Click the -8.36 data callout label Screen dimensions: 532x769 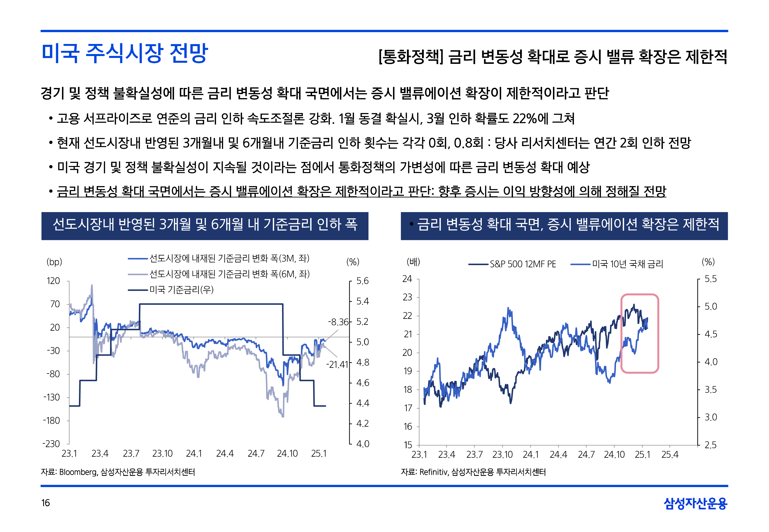338,322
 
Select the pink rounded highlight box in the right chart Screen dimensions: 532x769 639,333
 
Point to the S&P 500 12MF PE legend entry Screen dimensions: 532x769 522,264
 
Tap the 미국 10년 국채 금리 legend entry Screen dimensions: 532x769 627,264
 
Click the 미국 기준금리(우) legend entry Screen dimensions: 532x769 181,290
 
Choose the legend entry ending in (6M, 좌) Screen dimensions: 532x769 230,274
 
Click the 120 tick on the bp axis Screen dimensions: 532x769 53,281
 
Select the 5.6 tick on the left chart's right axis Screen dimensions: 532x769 362,281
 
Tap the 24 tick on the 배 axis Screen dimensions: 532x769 407,279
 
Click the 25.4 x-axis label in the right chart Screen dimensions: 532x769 670,455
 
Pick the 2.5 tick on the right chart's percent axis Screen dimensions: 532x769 710,445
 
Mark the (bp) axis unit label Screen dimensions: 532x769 54,262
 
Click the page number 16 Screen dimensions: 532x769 45,503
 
